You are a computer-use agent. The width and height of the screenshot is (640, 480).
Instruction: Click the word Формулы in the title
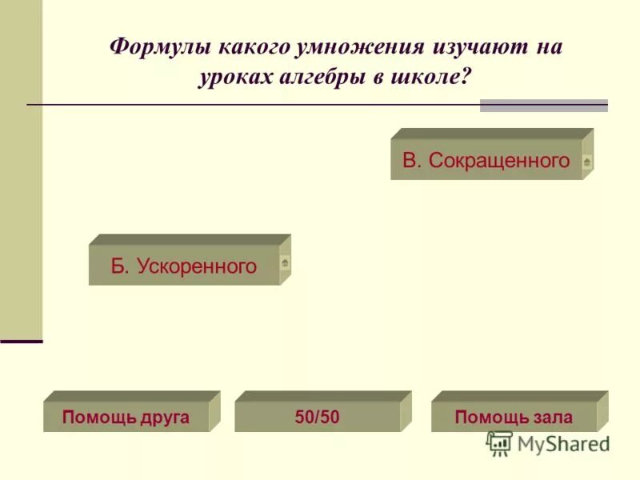(152, 47)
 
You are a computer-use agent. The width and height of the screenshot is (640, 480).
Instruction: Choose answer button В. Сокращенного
(486, 161)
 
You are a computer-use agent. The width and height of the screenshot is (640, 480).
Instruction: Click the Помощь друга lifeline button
(126, 417)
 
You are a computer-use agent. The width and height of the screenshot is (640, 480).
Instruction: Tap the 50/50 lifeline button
(317, 417)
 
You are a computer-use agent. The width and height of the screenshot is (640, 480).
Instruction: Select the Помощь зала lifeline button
(513, 417)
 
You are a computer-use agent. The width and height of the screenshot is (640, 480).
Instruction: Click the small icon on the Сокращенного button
(587, 162)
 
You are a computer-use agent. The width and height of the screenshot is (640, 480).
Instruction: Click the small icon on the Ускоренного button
(285, 262)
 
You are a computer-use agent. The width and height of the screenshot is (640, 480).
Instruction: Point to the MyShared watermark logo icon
(499, 443)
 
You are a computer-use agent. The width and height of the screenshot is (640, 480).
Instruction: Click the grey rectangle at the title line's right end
(543, 106)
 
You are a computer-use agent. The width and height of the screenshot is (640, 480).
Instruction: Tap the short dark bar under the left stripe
(22, 342)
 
